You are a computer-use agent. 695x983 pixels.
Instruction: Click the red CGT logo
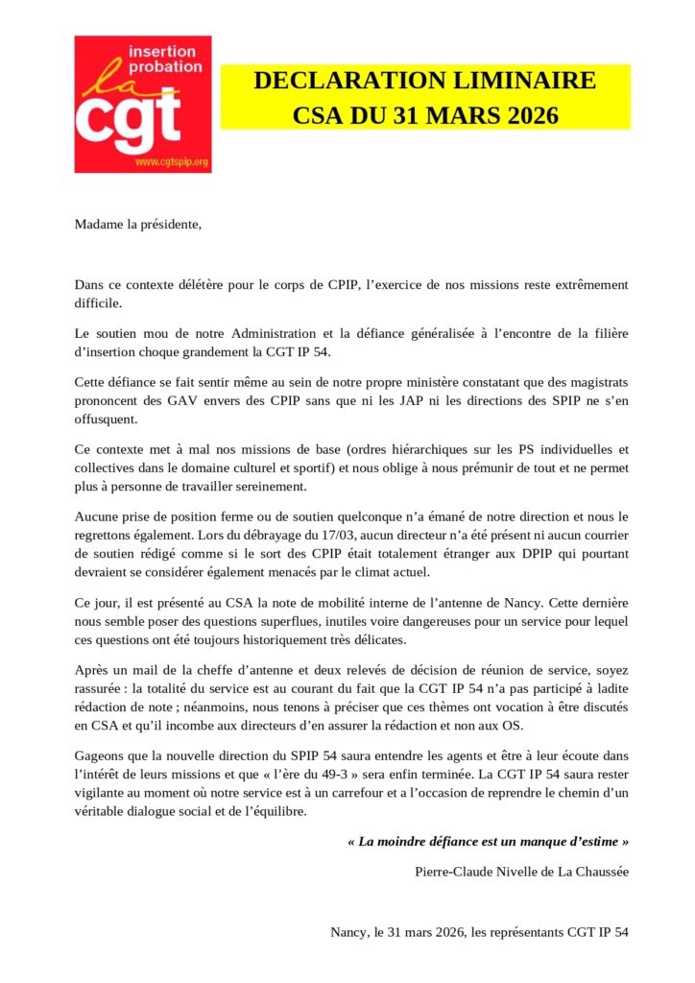pos(142,104)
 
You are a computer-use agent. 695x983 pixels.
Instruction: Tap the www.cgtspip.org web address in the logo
pos(171,163)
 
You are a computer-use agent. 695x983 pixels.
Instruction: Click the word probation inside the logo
pos(165,66)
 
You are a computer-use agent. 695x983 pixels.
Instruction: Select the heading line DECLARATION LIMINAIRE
pos(424,81)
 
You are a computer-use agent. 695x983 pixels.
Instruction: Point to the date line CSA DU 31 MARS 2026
pos(424,116)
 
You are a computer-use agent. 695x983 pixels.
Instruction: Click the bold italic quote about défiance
pos(488,841)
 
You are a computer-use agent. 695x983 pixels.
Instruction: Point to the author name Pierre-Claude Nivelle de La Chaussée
pos(522,871)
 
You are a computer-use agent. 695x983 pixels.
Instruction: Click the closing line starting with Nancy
pos(479,931)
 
